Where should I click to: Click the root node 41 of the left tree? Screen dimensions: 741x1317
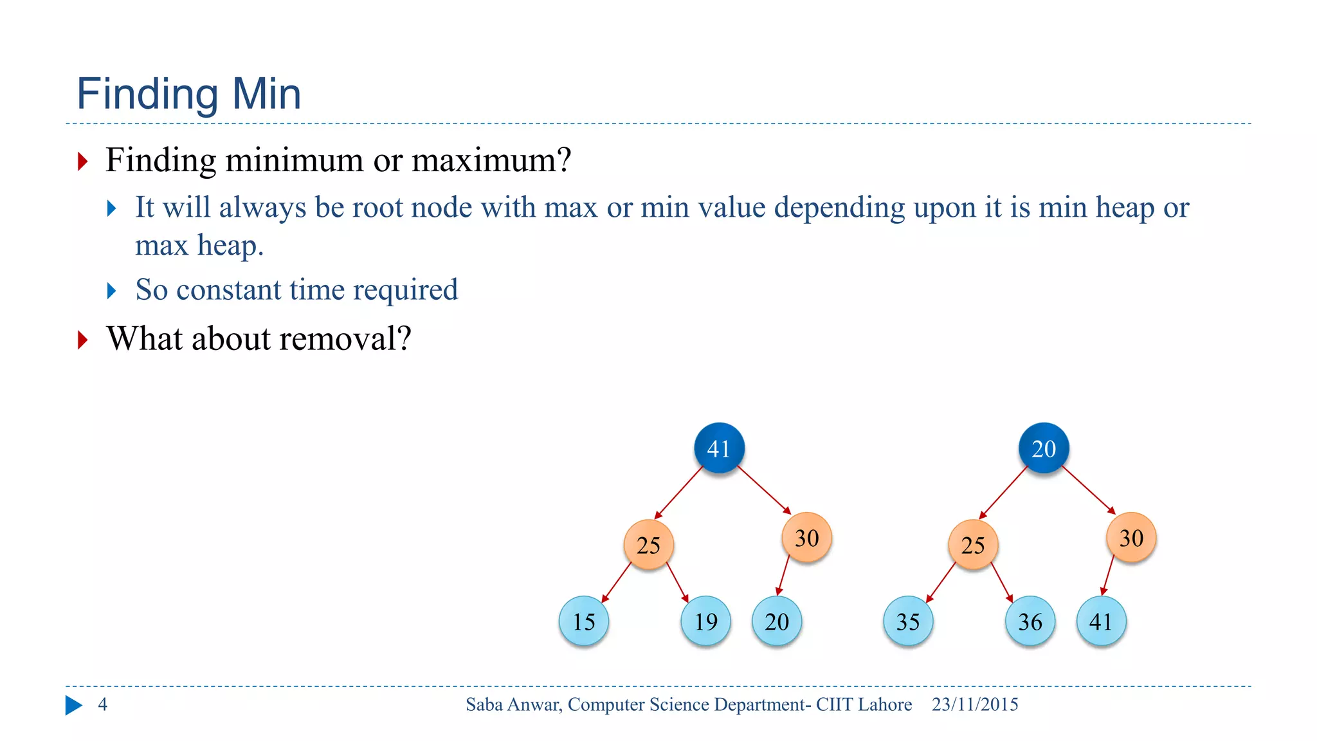point(719,448)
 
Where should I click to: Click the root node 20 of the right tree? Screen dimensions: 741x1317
point(1044,448)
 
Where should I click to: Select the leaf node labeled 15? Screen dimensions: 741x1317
point(584,621)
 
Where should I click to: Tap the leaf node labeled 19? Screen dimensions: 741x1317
point(705,621)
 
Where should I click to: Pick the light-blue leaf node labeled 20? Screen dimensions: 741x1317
point(777,621)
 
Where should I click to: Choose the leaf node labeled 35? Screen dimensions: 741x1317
point(908,621)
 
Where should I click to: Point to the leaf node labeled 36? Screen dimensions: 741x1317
point(1030,621)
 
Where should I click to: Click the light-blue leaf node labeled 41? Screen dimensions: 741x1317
point(1101,621)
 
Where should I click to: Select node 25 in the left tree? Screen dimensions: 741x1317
point(648,545)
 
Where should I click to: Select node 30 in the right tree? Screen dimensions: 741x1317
point(1131,538)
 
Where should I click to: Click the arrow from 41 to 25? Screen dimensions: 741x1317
point(679,493)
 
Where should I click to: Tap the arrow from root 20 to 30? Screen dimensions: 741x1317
point(1089,490)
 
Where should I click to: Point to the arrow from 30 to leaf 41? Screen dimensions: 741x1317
point(1108,575)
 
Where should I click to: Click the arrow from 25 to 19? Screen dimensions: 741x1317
point(678,582)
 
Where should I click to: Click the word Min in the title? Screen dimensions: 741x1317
point(266,94)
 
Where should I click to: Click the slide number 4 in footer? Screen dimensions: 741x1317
point(102,704)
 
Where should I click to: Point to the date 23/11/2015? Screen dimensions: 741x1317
point(975,704)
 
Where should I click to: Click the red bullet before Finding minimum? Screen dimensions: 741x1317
point(82,161)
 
